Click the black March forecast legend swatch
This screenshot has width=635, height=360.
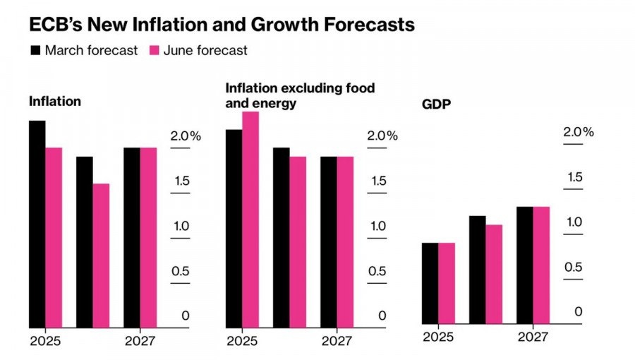pos(35,50)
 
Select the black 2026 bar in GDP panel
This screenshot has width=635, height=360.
pos(478,270)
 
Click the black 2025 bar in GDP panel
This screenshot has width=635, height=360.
pos(430,283)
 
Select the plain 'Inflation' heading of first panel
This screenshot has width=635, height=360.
pos(54,101)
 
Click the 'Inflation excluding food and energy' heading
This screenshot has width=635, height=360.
pos(300,95)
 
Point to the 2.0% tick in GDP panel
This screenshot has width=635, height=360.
pos(579,132)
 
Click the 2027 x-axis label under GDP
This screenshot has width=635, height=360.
pos(533,337)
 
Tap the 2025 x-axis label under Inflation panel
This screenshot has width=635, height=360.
pos(45,342)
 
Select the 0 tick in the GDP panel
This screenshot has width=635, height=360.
pos(578,312)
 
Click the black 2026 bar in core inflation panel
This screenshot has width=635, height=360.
pos(281,238)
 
